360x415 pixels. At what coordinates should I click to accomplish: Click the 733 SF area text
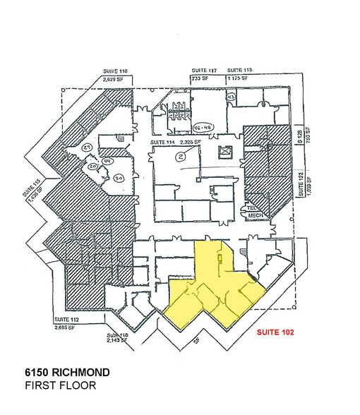click(200, 78)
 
